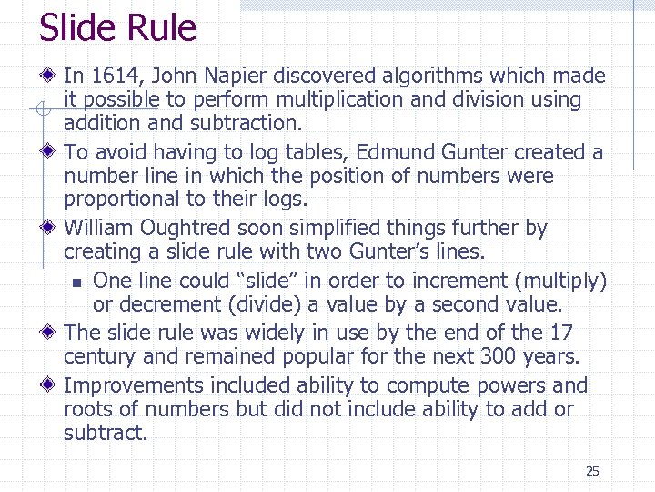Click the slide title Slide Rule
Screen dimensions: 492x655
(117, 28)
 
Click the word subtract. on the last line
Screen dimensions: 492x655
(106, 433)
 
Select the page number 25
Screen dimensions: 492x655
(592, 471)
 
